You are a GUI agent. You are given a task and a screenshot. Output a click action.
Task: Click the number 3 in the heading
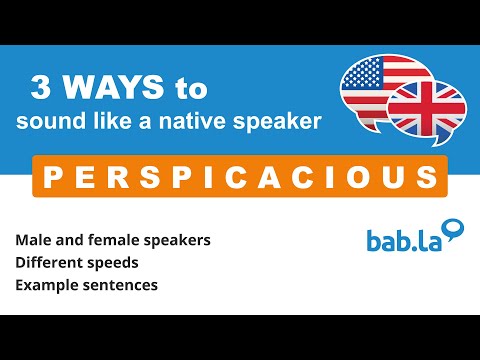[41, 89]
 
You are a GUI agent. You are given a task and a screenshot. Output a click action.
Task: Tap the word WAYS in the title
[111, 89]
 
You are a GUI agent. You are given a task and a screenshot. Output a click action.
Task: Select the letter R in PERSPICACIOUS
[109, 177]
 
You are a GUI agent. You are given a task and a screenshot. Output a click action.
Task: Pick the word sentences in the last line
[126, 284]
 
